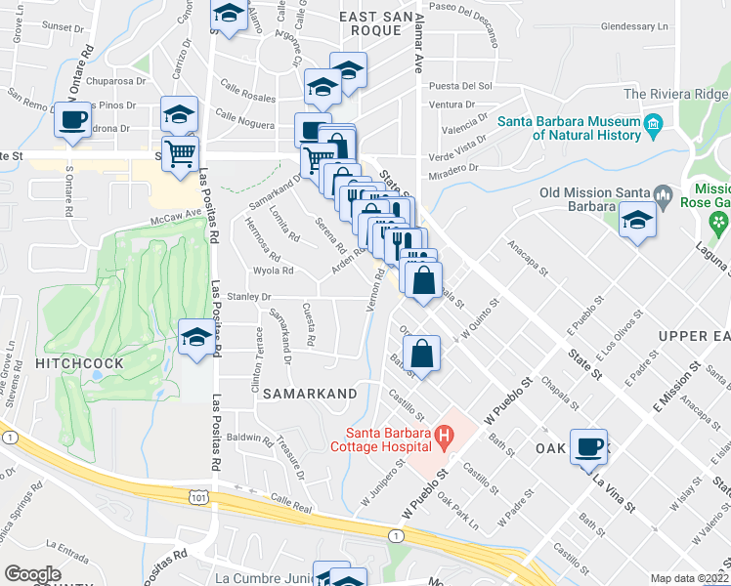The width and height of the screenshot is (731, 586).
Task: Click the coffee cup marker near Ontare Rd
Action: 71,120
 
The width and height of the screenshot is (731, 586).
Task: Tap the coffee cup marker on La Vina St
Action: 588,446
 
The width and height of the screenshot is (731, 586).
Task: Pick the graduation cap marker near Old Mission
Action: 637,221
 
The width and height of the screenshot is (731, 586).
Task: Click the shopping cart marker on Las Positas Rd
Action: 181,153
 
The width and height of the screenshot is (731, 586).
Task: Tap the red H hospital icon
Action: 443,434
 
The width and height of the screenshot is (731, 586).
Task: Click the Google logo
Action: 32,574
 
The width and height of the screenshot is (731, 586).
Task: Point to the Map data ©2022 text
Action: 689,578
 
